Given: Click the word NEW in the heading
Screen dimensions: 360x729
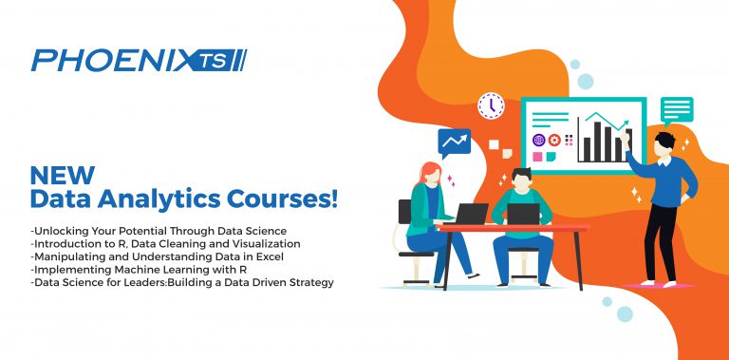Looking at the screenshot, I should click(63, 175).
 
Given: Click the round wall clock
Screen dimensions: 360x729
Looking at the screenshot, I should click(491, 104).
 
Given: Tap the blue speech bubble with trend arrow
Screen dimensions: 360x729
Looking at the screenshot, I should click(454, 143).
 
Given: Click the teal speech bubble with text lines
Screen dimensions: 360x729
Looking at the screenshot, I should click(677, 109).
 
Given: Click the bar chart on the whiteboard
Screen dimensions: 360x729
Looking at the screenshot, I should click(601, 138).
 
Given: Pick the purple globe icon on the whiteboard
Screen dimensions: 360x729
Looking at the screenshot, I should click(538, 140).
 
